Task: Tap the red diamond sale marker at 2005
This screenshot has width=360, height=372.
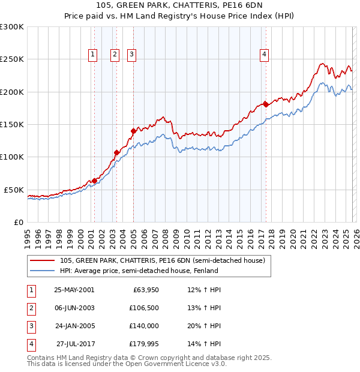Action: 133,130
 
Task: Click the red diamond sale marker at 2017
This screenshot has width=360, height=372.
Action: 266,104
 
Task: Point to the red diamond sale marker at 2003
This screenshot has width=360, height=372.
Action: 116,152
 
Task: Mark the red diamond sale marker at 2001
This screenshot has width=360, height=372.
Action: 94,181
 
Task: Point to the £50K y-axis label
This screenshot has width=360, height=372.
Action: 14,190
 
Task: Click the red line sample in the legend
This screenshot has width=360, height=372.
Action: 43,260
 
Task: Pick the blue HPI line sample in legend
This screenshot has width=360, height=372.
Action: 43,271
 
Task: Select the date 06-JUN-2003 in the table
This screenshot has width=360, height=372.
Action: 74,308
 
